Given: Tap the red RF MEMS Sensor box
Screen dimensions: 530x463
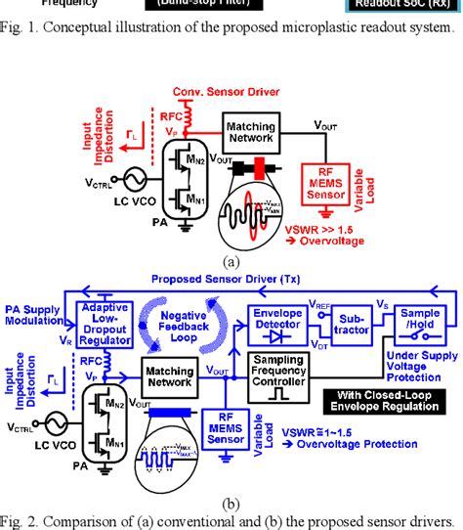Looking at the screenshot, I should point(330,187).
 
